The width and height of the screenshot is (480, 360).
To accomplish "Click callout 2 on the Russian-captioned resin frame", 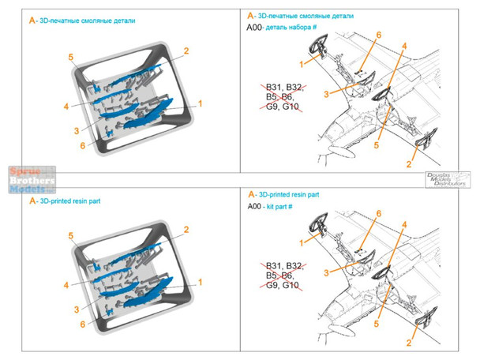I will (186, 51).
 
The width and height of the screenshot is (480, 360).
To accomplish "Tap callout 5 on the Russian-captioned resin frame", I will (70, 58).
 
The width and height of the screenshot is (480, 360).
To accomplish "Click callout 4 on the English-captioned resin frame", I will (66, 283).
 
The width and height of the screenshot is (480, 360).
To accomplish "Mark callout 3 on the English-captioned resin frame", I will (77, 309).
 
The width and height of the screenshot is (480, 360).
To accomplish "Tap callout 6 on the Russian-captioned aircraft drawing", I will (378, 35).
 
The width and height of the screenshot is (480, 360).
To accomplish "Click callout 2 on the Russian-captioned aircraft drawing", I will (409, 163).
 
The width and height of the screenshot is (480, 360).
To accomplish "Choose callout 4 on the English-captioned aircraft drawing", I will (403, 225).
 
